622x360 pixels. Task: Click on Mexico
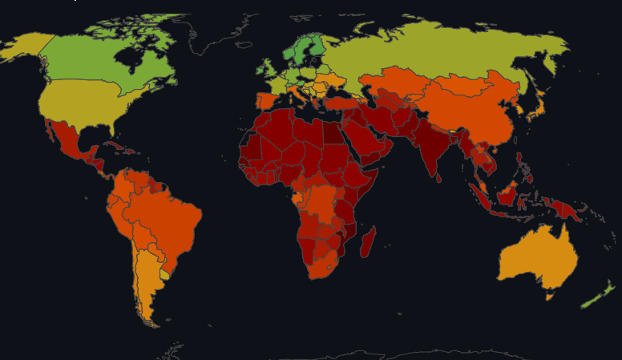click(67, 140)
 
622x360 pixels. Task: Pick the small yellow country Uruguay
click(165, 274)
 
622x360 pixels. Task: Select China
click(465, 108)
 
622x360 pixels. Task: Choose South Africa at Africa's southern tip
click(324, 265)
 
